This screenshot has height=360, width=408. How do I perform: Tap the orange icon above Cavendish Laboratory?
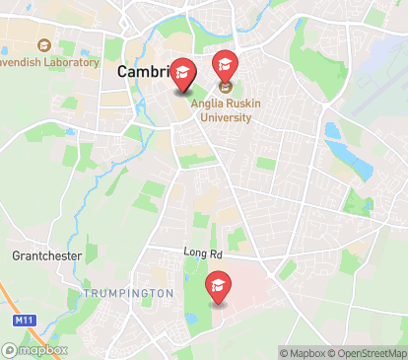tap(43, 45)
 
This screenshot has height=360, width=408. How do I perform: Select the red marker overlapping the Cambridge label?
tap(182, 73)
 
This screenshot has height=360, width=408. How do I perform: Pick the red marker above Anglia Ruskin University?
tap(226, 65)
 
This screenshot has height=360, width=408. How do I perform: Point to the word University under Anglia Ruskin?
tap(226, 116)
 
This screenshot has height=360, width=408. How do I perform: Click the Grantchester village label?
tap(46, 255)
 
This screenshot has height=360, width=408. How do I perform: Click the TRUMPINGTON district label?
tap(128, 294)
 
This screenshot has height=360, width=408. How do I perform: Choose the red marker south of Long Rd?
tap(218, 287)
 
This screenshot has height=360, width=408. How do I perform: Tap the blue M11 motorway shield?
tap(24, 322)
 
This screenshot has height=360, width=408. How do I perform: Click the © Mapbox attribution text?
tap(305, 353)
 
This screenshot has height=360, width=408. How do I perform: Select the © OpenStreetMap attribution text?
tap(369, 353)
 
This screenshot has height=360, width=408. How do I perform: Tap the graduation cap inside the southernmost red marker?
tap(218, 284)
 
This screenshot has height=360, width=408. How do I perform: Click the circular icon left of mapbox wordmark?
tap(10, 350)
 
